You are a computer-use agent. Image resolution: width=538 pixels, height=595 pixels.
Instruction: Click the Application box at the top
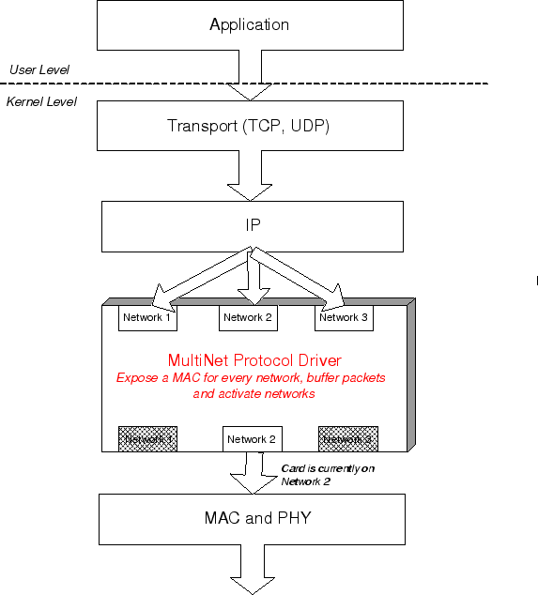pos(250,25)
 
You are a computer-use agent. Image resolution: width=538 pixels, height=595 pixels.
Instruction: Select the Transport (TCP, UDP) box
pos(250,126)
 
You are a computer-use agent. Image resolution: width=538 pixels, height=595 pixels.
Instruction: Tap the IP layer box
pos(250,226)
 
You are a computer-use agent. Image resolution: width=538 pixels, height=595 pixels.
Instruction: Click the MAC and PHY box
pos(252,518)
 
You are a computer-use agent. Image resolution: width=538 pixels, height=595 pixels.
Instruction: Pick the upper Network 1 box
pos(147,318)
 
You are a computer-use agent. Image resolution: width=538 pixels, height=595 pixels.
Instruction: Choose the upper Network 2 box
pos(248,318)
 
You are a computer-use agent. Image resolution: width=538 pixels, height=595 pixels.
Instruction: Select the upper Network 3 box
pos(344,318)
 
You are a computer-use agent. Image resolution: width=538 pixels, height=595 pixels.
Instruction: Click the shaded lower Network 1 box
pos(147,438)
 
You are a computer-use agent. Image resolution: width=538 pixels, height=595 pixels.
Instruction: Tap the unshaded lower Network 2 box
pos(252,438)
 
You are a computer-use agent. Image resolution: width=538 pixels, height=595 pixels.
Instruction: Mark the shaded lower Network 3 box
pos(348,438)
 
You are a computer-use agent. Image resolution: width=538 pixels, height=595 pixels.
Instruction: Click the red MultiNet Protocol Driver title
pos(254,360)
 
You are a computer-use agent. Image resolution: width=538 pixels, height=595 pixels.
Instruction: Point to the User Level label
pos(38,70)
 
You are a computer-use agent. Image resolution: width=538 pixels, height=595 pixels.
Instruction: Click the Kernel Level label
pos(41,100)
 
